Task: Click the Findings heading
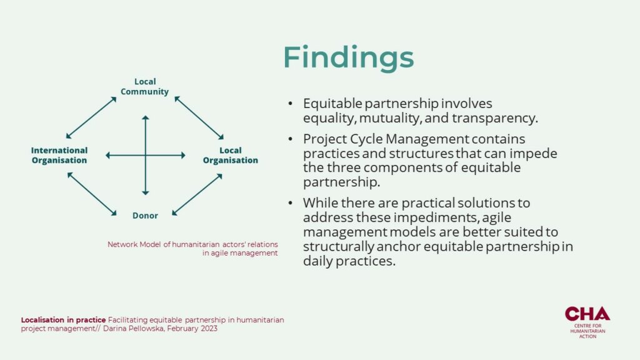click(349, 58)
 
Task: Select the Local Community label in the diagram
click(145, 86)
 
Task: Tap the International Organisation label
click(59, 155)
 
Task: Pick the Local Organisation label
click(231, 155)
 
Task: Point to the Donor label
click(145, 216)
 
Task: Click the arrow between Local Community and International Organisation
click(91, 117)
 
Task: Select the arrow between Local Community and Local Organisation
click(199, 118)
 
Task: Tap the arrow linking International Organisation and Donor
click(92, 194)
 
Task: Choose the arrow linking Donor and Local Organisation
click(197, 194)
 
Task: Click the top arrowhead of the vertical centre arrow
click(145, 117)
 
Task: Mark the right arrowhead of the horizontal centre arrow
click(183, 155)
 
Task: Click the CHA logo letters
click(587, 314)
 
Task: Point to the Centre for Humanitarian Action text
click(587, 331)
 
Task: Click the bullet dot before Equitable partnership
click(290, 104)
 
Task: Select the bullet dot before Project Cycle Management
click(290, 139)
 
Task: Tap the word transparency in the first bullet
click(495, 118)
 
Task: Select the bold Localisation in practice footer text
click(63, 320)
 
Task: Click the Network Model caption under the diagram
click(192, 249)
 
